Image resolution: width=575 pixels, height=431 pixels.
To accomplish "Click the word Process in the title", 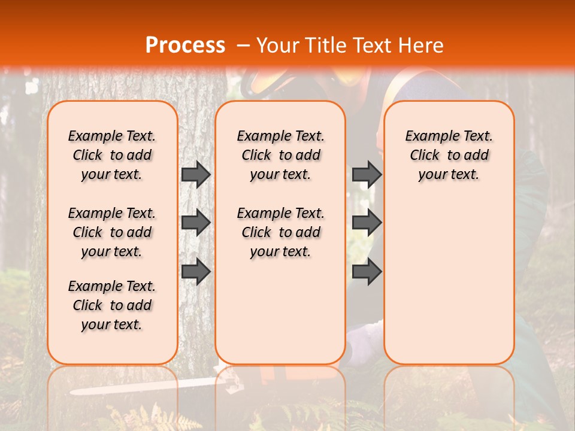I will pyautogui.click(x=185, y=45).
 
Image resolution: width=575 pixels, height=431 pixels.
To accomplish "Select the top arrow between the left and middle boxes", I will pyautogui.click(x=196, y=174).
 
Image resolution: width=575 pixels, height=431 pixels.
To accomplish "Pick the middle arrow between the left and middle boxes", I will pyautogui.click(x=196, y=223).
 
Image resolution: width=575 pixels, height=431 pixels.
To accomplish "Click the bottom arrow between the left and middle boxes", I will pyautogui.click(x=196, y=271).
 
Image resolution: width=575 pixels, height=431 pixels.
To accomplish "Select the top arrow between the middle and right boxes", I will pyautogui.click(x=367, y=174).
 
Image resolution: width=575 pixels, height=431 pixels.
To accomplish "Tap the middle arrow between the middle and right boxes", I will pyautogui.click(x=367, y=223).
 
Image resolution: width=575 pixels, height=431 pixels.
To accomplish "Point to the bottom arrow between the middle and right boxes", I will pyautogui.click(x=367, y=271).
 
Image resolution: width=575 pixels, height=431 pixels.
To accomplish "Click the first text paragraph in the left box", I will pyautogui.click(x=112, y=155).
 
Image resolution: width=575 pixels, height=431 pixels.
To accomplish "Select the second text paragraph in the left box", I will pyautogui.click(x=112, y=232).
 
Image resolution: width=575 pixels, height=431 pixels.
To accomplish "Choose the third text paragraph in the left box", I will pyautogui.click(x=112, y=305).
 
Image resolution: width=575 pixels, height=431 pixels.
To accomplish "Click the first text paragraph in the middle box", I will pyautogui.click(x=281, y=155).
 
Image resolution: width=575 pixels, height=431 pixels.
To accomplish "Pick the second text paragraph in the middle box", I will pyautogui.click(x=281, y=232).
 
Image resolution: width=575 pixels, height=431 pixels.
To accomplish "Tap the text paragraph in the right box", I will pyautogui.click(x=449, y=155).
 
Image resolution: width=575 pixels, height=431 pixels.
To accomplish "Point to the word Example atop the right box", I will pyautogui.click(x=426, y=136).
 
